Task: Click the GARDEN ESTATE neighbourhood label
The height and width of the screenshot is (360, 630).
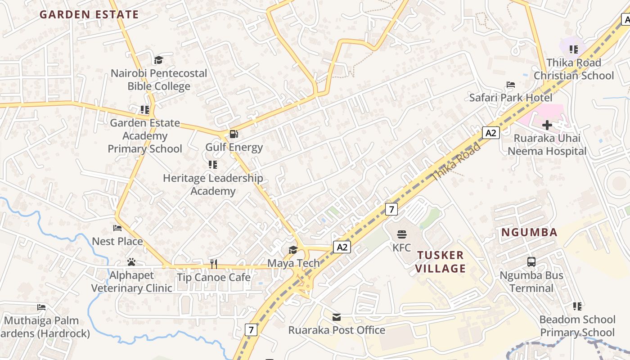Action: click(x=89, y=14)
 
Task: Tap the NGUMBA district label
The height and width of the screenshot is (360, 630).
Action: click(x=529, y=233)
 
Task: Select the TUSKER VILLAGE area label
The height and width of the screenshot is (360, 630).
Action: click(x=440, y=262)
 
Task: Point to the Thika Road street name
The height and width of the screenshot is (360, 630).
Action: click(x=456, y=162)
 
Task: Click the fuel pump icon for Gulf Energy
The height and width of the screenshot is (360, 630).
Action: click(x=234, y=134)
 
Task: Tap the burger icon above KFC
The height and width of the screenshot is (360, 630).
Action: click(x=402, y=234)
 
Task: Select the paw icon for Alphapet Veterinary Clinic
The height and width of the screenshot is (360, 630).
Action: click(x=131, y=262)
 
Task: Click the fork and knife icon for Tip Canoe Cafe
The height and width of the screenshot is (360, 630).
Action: click(x=214, y=264)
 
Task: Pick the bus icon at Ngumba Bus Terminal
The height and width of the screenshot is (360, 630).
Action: click(x=531, y=261)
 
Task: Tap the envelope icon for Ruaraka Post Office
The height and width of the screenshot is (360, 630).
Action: click(x=337, y=317)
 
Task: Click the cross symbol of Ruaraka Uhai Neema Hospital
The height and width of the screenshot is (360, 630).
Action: click(x=547, y=125)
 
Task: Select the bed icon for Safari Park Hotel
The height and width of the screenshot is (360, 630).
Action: click(x=510, y=85)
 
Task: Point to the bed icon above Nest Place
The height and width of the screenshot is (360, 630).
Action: click(x=117, y=228)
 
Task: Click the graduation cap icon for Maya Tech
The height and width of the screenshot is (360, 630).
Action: click(x=293, y=250)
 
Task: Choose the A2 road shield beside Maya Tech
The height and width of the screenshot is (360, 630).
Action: click(x=342, y=247)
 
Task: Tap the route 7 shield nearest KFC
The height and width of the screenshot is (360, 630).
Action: click(x=392, y=209)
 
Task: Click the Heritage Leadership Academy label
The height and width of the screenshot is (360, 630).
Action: click(x=213, y=184)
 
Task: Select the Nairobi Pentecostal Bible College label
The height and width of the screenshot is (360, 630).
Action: click(x=159, y=80)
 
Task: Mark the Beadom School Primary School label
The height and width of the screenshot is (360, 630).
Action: click(x=577, y=326)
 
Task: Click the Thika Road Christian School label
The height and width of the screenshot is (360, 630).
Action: click(x=574, y=69)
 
